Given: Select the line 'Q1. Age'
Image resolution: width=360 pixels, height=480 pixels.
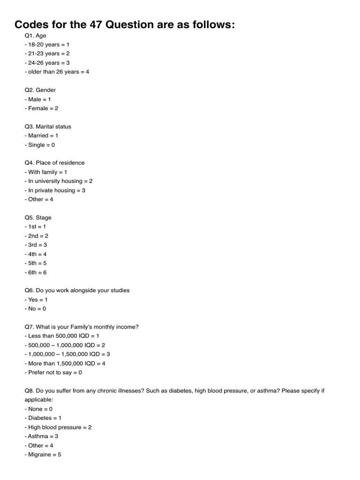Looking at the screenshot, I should click(35, 35).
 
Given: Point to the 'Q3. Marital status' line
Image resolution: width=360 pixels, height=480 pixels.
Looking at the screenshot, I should click(48, 127).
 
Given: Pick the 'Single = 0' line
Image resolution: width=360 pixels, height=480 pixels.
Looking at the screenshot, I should click(40, 145).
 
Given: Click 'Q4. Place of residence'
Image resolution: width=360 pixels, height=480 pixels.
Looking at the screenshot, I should click(54, 163).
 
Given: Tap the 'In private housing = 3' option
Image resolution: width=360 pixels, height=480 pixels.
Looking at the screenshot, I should click(55, 190).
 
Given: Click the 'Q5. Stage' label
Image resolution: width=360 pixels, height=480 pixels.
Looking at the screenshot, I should click(38, 217).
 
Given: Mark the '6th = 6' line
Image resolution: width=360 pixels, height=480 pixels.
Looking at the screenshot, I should click(36, 272).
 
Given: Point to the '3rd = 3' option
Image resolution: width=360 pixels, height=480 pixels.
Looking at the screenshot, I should click(36, 245).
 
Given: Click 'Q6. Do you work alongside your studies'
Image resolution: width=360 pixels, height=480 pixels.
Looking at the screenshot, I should click(77, 290).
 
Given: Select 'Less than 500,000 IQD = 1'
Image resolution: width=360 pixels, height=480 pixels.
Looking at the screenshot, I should click(62, 336).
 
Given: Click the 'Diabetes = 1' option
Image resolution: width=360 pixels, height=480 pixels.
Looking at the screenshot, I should click(43, 418).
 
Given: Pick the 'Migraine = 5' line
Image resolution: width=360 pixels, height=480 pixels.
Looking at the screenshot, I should click(43, 454).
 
